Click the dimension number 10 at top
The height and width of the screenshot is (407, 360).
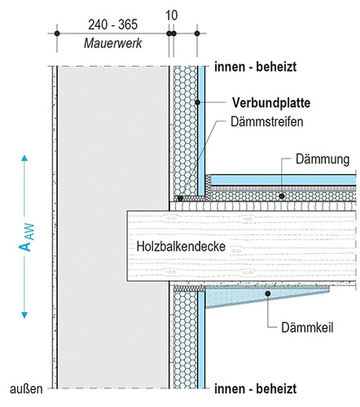point(171,15)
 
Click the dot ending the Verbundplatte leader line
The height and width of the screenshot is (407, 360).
point(198,103)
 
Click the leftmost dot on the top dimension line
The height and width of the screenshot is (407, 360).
point(57,33)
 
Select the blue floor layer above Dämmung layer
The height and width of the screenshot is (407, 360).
point(281,177)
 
